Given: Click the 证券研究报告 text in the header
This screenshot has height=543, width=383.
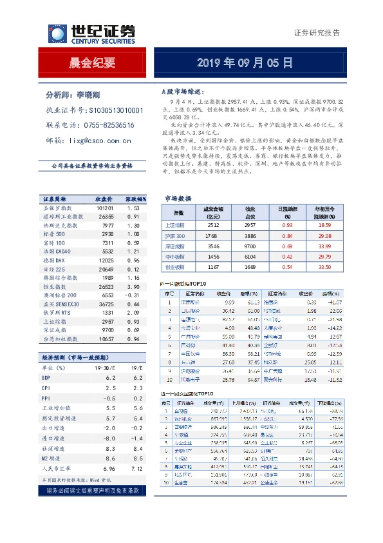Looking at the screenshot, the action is point(316,33).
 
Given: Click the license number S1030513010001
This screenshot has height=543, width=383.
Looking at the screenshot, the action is point(113,110).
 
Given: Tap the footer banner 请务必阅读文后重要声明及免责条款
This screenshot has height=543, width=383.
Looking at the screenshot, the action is point(92,490).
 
